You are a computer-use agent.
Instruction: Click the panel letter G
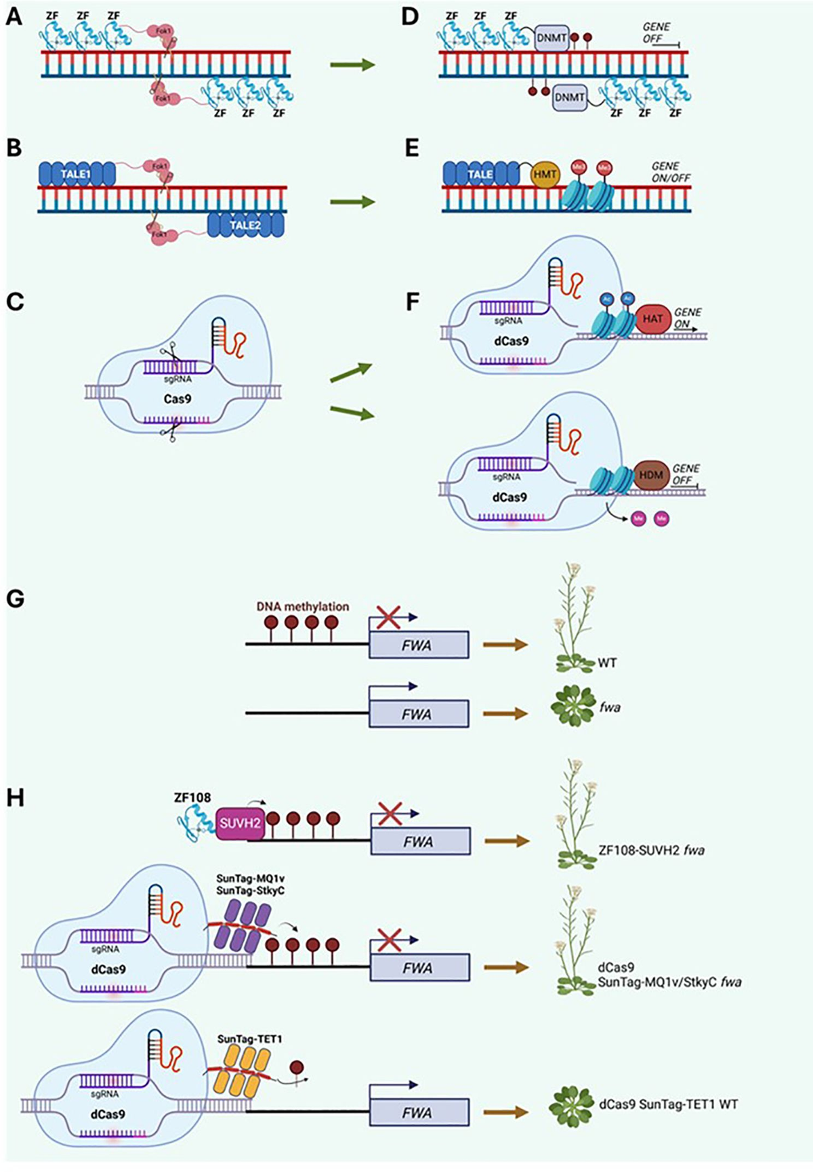(x=14, y=599)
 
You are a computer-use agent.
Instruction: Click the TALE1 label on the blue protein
(x=75, y=174)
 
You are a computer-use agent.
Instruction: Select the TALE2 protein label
(x=245, y=224)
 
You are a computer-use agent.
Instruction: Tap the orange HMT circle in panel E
(x=545, y=174)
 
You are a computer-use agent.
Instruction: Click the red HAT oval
(x=652, y=318)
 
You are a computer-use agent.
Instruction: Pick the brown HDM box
(x=651, y=475)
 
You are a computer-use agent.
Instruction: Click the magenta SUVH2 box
(x=239, y=824)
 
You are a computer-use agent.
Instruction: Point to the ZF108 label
(x=192, y=797)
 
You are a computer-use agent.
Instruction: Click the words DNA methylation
(x=302, y=606)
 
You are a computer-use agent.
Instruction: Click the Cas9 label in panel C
(x=177, y=398)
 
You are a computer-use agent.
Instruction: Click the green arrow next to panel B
(x=352, y=202)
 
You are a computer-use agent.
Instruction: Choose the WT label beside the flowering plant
(x=607, y=663)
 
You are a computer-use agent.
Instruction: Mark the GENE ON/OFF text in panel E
(x=671, y=172)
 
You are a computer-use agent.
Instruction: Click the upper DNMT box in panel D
(x=551, y=38)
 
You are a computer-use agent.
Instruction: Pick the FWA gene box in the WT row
(x=418, y=645)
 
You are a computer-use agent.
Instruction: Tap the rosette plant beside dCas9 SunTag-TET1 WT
(x=570, y=1104)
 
